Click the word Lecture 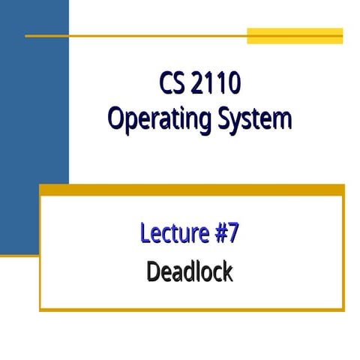[x=171, y=233]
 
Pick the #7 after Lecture [x=223, y=233]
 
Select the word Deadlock [x=190, y=271]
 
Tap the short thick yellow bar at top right [x=295, y=36]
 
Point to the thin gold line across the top [x=135, y=35]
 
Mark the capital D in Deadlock [x=154, y=271]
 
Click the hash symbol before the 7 [x=217, y=233]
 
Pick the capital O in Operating [x=115, y=118]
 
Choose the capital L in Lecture [x=145, y=233]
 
